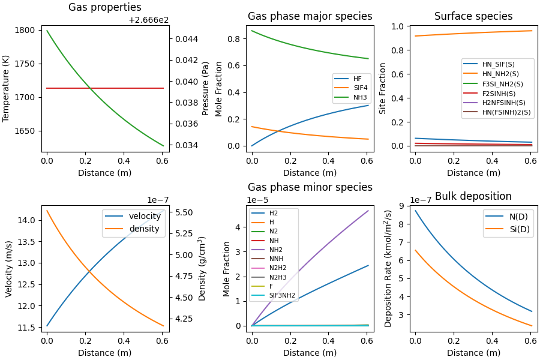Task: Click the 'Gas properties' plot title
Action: coord(105,8)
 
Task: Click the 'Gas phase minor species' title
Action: coord(310,187)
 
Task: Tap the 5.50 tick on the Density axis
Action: coord(185,212)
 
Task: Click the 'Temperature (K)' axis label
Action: coord(7,89)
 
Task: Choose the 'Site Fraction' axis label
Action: coord(383,89)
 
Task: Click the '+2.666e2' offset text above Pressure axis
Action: coord(149,20)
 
